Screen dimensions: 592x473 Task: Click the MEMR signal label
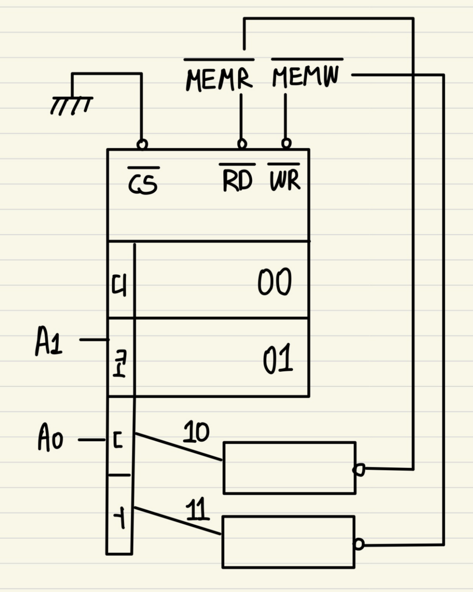(219, 79)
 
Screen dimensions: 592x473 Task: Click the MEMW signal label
(306, 75)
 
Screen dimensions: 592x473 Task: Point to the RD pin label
(237, 181)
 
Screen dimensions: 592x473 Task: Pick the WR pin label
(284, 180)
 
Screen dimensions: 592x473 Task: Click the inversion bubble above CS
(142, 144)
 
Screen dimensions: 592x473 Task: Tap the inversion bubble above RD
(242, 143)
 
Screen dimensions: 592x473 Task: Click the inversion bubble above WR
(286, 143)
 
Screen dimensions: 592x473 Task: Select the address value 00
(274, 282)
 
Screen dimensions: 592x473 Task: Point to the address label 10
(196, 432)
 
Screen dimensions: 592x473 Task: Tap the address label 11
(197, 509)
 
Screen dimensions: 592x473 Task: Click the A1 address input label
(49, 341)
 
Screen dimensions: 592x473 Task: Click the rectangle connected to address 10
(289, 468)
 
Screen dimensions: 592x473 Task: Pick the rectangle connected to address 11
(288, 542)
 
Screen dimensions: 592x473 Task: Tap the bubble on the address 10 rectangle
(359, 470)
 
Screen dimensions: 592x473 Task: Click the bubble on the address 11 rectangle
(358, 544)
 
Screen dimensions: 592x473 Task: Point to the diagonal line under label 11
(177, 521)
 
